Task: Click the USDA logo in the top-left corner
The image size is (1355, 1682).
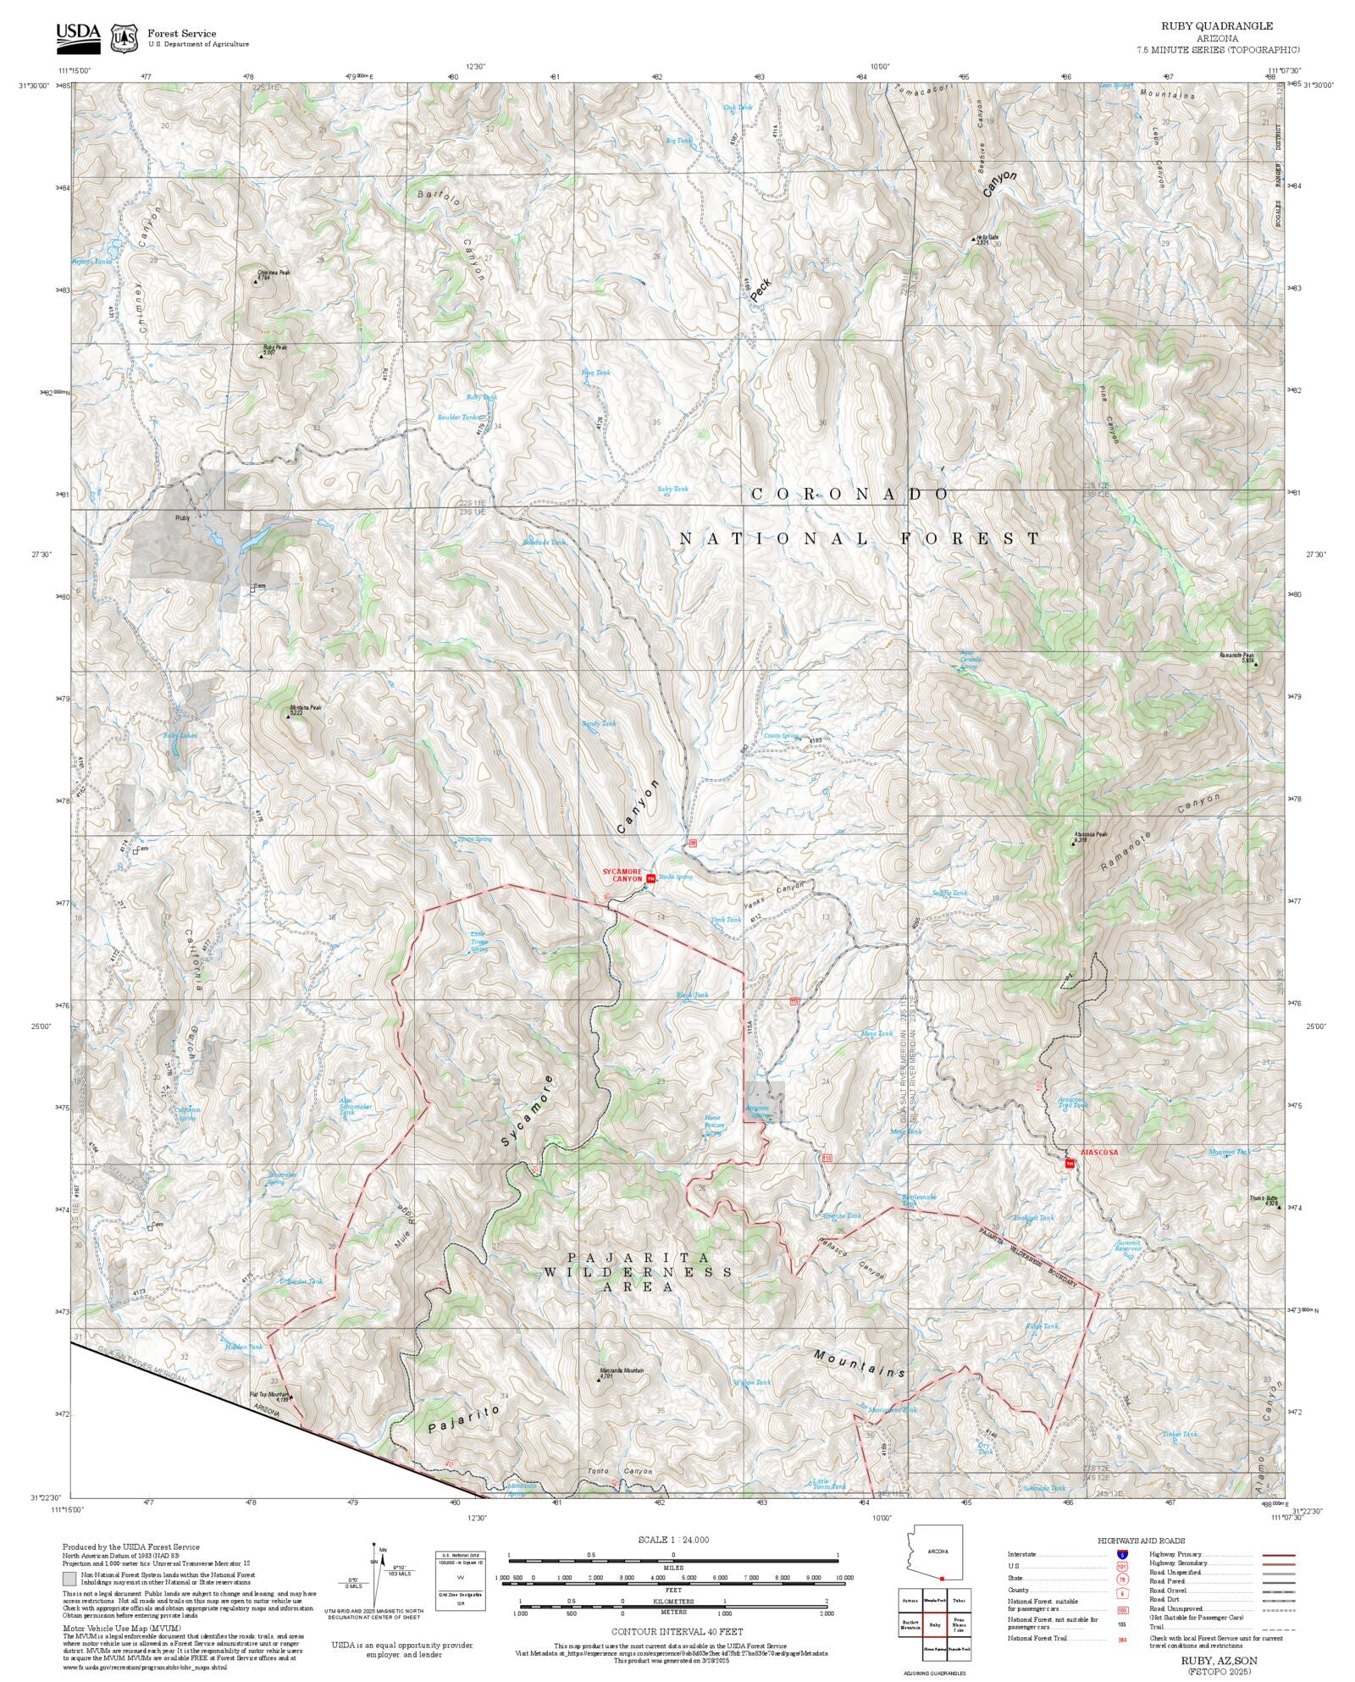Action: coord(78,36)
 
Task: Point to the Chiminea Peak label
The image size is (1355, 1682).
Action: coord(274,274)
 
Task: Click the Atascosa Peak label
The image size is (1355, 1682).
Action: coord(1091,834)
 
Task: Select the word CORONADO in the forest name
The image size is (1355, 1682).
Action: coord(849,494)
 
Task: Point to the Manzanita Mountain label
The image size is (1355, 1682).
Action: coord(622,1370)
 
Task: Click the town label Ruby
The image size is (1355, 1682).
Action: coord(181,517)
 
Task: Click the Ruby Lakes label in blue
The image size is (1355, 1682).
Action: coord(180,735)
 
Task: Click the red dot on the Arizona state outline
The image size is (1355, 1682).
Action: coord(942,1578)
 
